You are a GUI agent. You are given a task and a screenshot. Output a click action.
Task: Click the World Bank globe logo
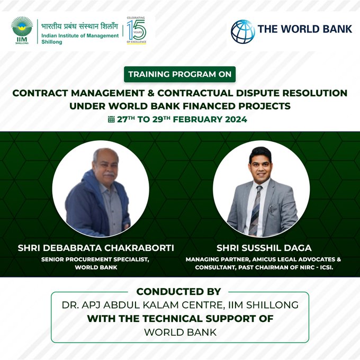[242, 31]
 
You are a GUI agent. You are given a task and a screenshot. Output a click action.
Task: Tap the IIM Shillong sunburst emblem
[22, 26]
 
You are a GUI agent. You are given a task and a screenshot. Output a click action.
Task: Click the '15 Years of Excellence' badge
[137, 30]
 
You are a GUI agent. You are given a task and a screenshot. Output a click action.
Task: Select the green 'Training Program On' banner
[180, 74]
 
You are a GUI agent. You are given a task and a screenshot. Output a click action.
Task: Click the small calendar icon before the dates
[111, 120]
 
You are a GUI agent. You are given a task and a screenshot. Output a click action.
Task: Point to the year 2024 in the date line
[236, 120]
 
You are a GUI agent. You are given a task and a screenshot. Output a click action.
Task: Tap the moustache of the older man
[109, 175]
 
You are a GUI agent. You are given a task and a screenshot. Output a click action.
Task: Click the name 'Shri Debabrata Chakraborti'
[96, 248]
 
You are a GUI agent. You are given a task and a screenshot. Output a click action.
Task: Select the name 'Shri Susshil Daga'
[264, 248]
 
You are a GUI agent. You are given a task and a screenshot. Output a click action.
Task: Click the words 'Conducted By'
[178, 292]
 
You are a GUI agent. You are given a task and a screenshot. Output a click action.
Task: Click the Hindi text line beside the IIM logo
[79, 26]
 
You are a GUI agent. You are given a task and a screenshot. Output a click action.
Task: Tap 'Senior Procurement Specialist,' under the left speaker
[95, 259]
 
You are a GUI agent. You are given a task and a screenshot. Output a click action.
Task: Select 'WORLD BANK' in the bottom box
[180, 332]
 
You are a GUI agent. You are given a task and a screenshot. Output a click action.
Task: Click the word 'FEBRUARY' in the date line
[197, 120]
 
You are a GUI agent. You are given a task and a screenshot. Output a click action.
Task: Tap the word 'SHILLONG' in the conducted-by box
[272, 305]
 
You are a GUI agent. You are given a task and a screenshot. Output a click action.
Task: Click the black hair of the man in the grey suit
[260, 153]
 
